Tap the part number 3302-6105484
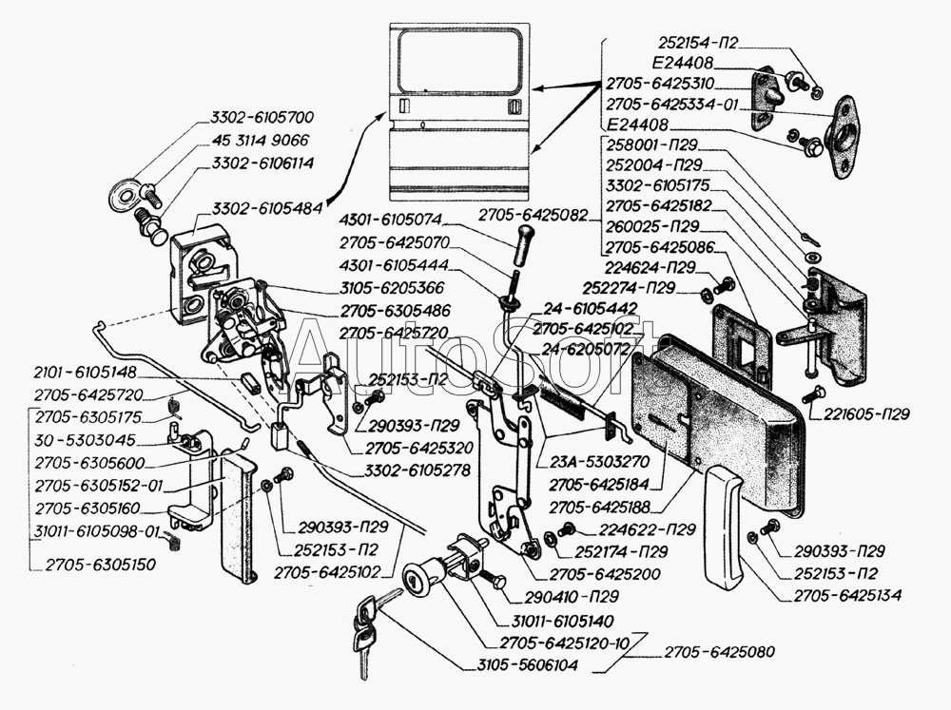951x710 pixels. (265, 207)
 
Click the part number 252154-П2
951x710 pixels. (696, 43)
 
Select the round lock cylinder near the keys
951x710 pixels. (416, 582)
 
